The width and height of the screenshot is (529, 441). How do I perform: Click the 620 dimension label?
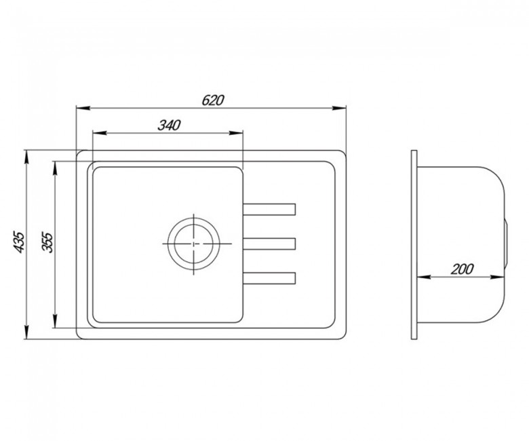213,100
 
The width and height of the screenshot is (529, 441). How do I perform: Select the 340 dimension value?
169,126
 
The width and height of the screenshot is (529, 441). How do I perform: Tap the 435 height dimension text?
19,242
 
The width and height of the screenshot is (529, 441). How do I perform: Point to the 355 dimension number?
47,242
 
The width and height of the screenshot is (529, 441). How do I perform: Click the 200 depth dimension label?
463,269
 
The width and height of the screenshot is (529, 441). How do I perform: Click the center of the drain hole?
194,244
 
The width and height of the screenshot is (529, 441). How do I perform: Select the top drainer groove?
269,209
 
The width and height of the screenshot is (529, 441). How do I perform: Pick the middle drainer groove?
269,244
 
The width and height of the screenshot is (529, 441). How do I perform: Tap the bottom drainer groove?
269,278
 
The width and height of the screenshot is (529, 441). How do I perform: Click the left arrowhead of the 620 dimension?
83,109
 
